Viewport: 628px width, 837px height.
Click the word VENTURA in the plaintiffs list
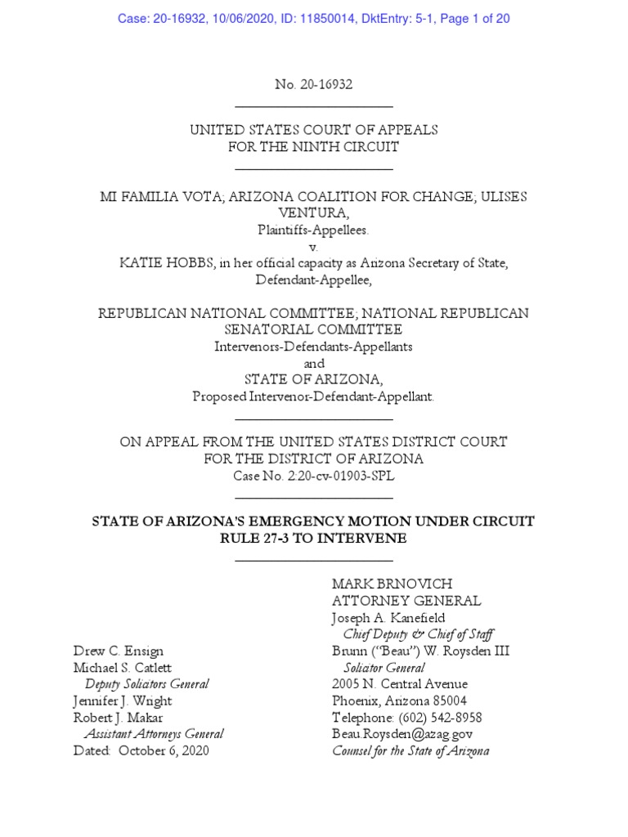point(313,214)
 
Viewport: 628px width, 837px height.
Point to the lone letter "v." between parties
point(313,246)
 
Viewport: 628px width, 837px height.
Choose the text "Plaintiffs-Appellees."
point(313,231)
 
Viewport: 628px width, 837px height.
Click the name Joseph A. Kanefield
point(388,618)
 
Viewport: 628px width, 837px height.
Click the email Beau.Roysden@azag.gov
point(401,734)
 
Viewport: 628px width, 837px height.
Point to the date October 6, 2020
point(164,750)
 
